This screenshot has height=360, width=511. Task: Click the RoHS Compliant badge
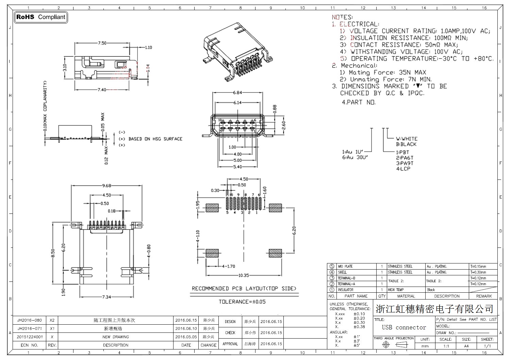[x=41, y=17]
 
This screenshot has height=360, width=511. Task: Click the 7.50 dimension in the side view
[x=102, y=43]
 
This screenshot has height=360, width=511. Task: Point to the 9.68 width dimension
[x=107, y=186]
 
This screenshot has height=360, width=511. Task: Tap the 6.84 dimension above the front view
[x=237, y=92]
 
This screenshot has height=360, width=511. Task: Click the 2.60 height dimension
[x=284, y=125]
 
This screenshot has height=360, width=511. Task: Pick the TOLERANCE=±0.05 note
[x=242, y=302]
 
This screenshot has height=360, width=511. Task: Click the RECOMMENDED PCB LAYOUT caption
[x=244, y=289]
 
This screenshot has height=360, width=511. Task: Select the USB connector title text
[x=404, y=327]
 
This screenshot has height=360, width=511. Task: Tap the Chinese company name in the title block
[x=434, y=309]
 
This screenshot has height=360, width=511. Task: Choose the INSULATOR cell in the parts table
[x=345, y=290]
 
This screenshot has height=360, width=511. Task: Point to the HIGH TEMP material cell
[x=396, y=290]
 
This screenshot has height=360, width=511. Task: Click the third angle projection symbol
[x=394, y=345]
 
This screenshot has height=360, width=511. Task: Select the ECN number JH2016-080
[x=30, y=320]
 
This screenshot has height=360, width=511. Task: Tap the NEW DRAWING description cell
[x=116, y=337]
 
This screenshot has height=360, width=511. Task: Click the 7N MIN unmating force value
[x=420, y=80]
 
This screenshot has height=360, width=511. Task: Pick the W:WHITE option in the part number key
[x=407, y=139]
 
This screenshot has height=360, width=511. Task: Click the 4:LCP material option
[x=403, y=169]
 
